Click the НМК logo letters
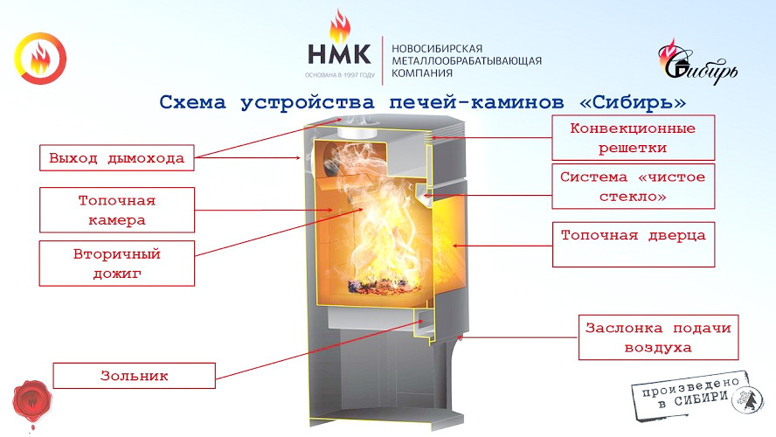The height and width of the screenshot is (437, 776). [339, 54]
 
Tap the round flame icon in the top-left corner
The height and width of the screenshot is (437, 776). [40, 59]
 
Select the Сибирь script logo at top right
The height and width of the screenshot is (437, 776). [697, 63]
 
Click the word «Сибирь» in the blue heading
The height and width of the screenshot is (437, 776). [633, 102]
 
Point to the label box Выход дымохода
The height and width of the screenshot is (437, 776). [117, 158]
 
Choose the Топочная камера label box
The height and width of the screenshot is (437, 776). [117, 210]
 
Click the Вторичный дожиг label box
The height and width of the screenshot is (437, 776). [117, 263]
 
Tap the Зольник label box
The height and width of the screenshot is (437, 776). [134, 376]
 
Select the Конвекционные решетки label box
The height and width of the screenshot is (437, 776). [633, 137]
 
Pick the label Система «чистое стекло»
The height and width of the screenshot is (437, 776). [633, 186]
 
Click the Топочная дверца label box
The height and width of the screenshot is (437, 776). [634, 245]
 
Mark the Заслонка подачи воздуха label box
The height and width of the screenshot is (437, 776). [658, 337]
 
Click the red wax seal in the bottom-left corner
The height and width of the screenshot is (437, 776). [32, 402]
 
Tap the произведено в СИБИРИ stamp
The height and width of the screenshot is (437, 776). [696, 395]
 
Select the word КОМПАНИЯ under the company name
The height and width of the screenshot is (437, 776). [422, 73]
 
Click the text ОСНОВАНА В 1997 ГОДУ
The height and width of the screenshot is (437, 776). [340, 75]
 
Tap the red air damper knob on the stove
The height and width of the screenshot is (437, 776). [460, 337]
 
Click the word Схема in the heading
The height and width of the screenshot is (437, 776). [192, 102]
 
